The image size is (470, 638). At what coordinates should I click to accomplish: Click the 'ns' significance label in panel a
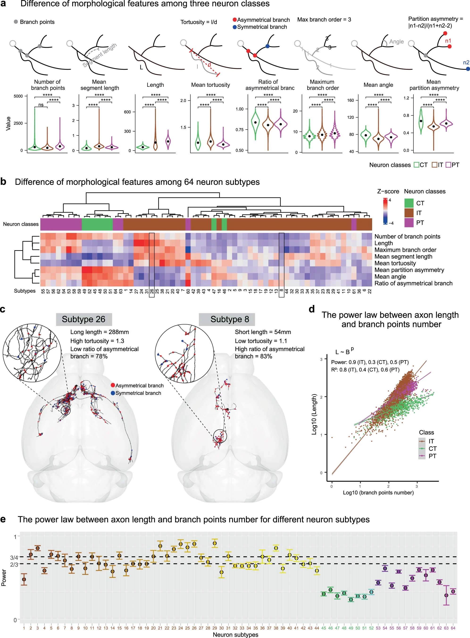point(41,105)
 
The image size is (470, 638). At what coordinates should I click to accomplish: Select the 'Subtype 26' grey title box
point(84,319)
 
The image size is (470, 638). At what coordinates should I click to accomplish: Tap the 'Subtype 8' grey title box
point(230,319)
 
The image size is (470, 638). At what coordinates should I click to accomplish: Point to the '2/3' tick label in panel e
point(14,564)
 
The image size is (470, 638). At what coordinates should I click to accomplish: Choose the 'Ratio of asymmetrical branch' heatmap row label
point(413,283)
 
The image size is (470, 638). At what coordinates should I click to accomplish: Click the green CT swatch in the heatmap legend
point(409,203)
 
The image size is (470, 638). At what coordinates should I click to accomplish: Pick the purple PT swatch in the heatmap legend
point(409,223)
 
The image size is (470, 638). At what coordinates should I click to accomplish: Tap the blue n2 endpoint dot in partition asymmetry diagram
point(468,69)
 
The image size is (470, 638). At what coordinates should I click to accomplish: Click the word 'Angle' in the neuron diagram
point(396,42)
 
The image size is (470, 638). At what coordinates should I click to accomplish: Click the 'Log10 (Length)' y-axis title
point(314,414)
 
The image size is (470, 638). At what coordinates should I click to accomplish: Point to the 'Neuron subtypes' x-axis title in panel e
point(235,635)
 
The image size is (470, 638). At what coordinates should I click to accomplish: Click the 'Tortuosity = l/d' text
point(199,22)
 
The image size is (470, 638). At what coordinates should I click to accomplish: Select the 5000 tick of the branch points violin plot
point(18,96)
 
